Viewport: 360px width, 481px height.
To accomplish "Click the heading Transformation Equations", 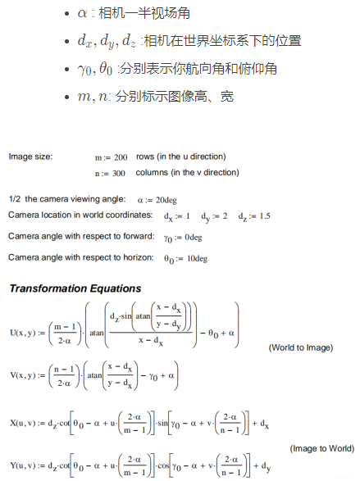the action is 75,288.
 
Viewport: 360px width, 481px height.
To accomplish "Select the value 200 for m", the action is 120,157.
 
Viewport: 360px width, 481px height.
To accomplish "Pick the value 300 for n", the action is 120,173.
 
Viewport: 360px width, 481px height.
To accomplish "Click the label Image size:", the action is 30,157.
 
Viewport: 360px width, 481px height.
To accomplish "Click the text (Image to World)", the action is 322,449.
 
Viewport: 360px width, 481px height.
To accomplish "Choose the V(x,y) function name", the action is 24,376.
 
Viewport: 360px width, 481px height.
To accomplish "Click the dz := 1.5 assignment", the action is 254,216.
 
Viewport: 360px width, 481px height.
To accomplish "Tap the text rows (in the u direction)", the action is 181,157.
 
